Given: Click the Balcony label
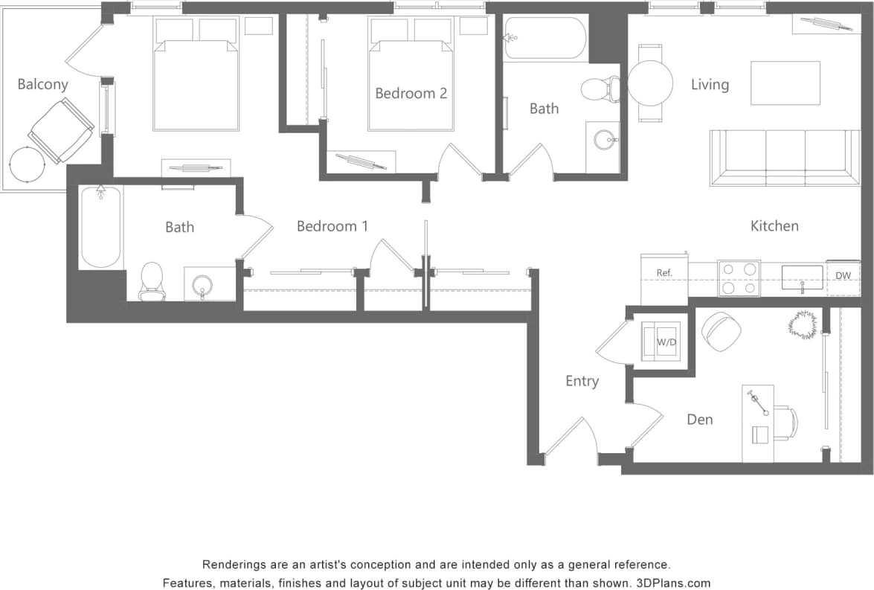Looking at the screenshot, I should coord(42,84).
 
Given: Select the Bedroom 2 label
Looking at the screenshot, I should coord(411,93).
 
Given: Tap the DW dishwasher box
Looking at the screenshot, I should coord(843,276).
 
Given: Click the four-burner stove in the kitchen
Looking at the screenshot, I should coord(739,278).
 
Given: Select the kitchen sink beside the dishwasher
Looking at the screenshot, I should coord(802,278).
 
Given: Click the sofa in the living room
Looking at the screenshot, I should coord(785,157).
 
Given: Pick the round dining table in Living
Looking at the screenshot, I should coord(650,83).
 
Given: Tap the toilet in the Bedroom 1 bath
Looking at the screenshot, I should coord(152,281).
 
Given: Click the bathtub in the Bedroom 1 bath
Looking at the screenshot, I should coord(100,226).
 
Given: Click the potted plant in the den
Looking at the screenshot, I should coord(803,324).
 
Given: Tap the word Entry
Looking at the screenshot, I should coord(582,381).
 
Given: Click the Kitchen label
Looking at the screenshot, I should coord(774,225).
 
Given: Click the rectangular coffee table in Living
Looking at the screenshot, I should coord(785,83).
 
